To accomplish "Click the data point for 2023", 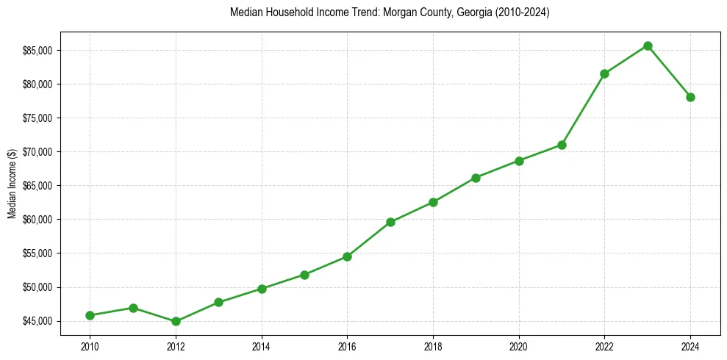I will pos(648,46).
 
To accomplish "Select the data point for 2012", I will pos(176,321).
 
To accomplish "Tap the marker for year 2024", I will pos(690,97).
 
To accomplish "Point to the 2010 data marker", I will pos(90,315).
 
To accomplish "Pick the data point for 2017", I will pos(390,222).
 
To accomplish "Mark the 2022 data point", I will pos(604,73).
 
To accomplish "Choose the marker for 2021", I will pos(562,145).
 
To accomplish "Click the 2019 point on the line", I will pos(476,178).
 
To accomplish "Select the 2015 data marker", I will pos(304,275).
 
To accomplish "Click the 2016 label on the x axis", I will pos(347,346).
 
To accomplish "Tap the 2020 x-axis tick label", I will pos(519,346).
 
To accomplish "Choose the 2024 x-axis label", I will pos(690,346).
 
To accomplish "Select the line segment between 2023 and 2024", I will pos(669,71).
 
